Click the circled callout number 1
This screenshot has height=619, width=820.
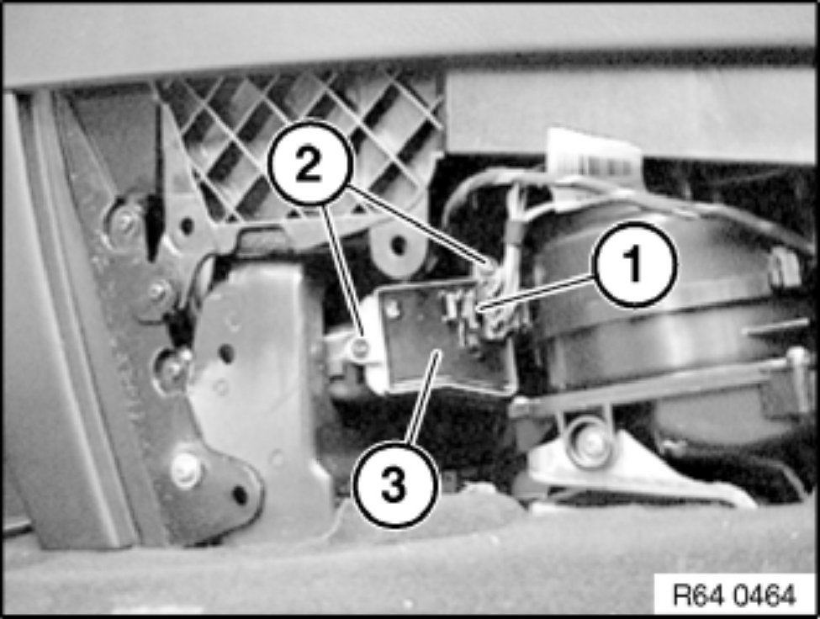coord(634,264)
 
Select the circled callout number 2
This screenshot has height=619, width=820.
coord(309,164)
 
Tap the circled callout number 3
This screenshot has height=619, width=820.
coord(394,484)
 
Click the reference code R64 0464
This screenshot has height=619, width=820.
coord(734,595)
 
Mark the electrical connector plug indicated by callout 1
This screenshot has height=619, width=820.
coord(484,314)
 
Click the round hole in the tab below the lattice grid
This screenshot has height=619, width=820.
coord(399,244)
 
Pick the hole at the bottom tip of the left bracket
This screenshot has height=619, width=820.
coord(239,494)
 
